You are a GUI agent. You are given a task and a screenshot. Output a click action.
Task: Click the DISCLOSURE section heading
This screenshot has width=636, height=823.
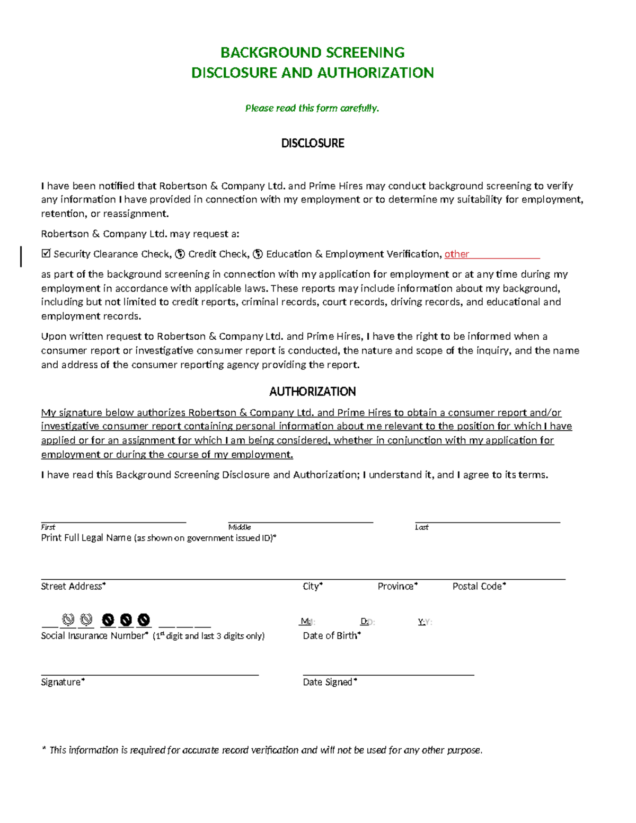click(312, 144)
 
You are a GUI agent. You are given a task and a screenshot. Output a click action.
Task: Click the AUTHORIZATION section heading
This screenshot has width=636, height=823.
click(312, 392)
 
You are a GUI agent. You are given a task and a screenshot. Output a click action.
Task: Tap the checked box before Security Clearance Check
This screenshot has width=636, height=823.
click(46, 253)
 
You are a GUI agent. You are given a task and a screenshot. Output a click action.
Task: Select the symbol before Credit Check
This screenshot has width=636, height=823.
click(180, 254)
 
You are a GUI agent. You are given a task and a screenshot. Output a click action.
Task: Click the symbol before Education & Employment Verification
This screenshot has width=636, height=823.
click(258, 254)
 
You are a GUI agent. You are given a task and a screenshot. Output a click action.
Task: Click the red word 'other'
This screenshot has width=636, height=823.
click(456, 254)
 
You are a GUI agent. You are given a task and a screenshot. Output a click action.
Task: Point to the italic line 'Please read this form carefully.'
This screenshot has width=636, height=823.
click(312, 108)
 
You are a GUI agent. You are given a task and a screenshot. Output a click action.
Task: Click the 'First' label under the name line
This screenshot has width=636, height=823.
click(48, 527)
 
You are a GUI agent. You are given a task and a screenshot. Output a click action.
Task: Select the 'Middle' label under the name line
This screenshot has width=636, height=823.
click(240, 527)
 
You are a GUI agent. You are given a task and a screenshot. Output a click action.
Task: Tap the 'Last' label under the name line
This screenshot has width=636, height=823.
click(422, 527)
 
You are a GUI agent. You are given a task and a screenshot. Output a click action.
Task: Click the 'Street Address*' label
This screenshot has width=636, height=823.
click(73, 586)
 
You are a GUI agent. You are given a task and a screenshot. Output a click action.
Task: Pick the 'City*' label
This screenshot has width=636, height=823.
click(313, 586)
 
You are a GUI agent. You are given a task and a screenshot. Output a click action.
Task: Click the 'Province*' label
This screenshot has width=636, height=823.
click(397, 586)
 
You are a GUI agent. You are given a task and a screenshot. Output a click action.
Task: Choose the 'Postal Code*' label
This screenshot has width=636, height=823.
click(479, 586)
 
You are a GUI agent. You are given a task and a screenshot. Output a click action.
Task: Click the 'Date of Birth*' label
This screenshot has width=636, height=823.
click(332, 635)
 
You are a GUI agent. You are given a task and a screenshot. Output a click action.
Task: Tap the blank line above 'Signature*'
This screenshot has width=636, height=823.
click(149, 674)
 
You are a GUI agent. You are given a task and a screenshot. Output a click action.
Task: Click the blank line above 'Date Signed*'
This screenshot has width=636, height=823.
click(388, 674)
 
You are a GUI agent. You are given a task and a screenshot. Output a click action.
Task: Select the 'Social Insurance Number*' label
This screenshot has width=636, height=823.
click(94, 635)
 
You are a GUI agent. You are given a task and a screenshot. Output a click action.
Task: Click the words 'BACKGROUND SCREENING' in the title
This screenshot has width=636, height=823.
click(312, 52)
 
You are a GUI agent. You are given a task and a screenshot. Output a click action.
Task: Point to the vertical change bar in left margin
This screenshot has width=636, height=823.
click(21, 256)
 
